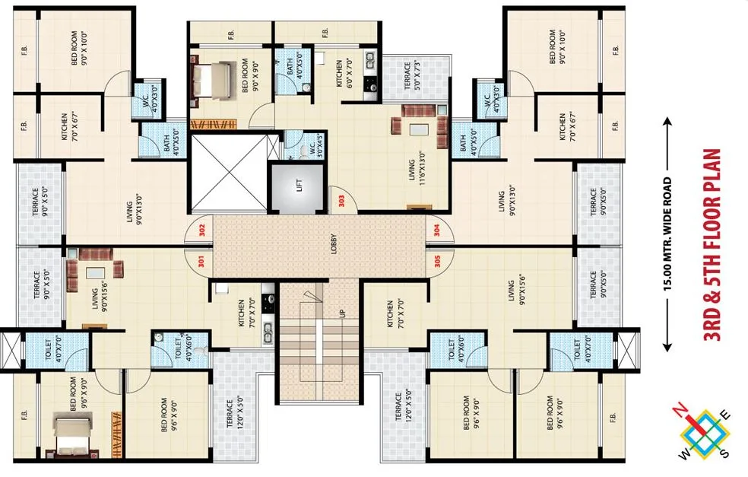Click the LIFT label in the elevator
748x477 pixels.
coord(300,185)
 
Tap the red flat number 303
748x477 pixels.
coord(341,201)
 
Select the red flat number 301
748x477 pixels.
coord(201,262)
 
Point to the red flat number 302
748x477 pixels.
coord(201,231)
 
